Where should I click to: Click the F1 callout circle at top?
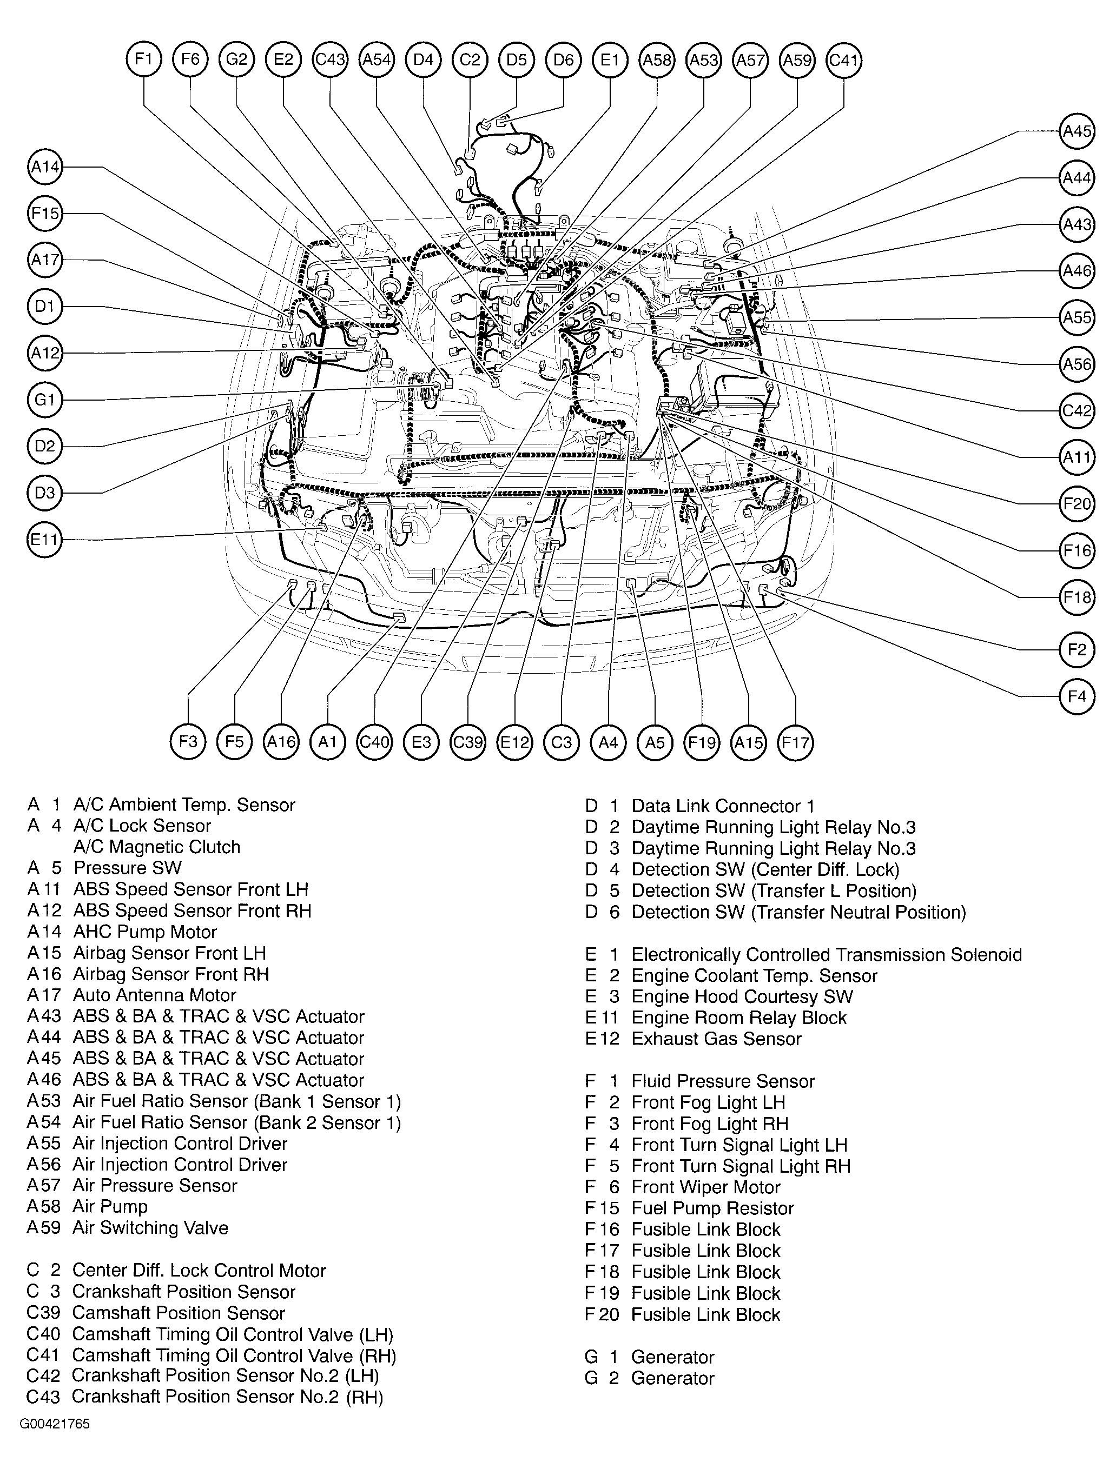tap(143, 60)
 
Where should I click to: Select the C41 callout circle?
tap(844, 61)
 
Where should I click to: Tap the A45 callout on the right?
tap(1076, 131)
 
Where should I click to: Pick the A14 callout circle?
tap(45, 167)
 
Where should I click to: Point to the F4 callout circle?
tap(1076, 696)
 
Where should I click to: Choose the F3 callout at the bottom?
tap(188, 741)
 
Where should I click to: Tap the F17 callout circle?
tap(795, 741)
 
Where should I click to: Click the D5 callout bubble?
tap(516, 61)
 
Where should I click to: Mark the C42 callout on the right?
tap(1076, 411)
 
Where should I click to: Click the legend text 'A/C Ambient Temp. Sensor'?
tap(184, 805)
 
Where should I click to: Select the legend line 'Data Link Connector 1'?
tap(723, 806)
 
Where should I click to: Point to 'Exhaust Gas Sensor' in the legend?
tap(716, 1039)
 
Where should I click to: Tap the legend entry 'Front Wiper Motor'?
tap(705, 1187)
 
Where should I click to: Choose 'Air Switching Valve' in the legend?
tap(150, 1228)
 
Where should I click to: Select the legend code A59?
tap(44, 1228)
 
